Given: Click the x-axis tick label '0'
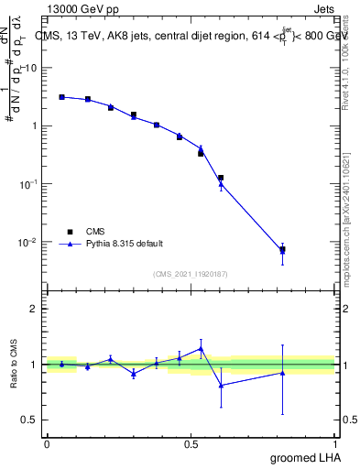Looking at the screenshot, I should coord(47,443).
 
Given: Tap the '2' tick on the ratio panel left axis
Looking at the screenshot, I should coord(37,309).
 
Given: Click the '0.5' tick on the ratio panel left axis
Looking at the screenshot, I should coord(32,420).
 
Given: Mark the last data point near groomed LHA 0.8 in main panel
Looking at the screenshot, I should coord(282,249).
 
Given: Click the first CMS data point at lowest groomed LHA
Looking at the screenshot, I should coord(61,96).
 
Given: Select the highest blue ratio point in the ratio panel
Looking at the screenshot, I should coord(201,348).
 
